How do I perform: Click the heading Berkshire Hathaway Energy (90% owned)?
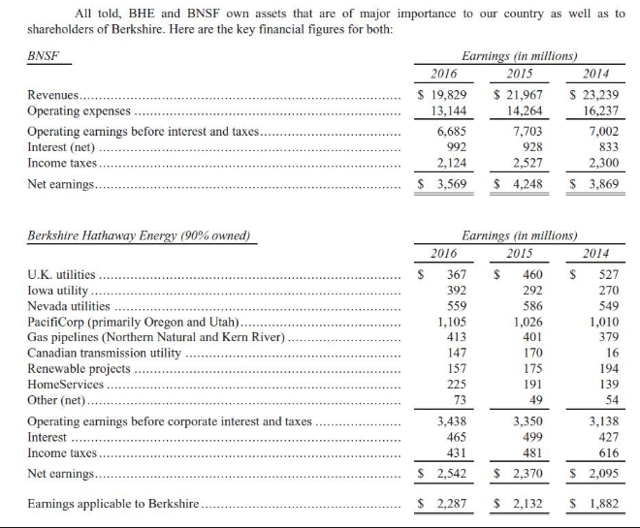[138, 235]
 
